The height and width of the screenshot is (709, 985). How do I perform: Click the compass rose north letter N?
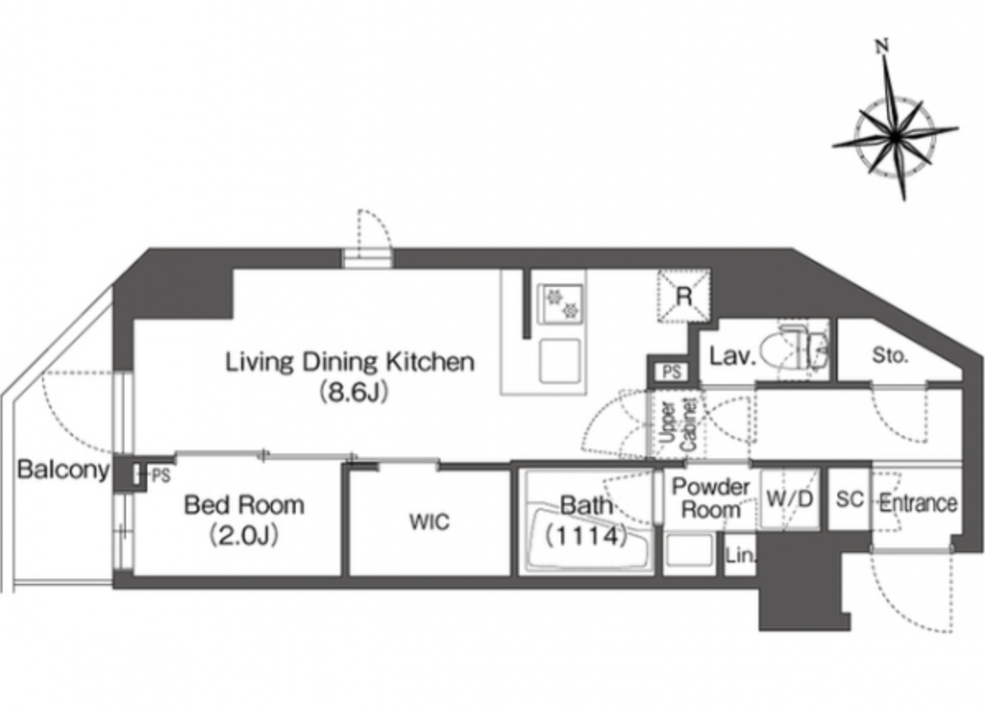883,45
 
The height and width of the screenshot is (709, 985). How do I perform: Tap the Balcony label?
63,469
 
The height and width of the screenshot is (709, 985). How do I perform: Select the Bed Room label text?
245,505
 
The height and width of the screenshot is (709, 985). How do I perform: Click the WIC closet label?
430,522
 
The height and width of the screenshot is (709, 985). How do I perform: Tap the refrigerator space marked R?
684,296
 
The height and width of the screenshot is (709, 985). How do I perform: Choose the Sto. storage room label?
890,355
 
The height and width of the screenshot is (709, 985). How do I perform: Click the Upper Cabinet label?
679,425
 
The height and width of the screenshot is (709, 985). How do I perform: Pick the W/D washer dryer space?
791,499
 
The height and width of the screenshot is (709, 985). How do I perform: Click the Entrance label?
917,503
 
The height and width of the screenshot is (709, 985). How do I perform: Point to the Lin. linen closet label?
740,556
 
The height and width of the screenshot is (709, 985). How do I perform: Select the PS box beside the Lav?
671,372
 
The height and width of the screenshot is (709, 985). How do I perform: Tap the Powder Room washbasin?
689,552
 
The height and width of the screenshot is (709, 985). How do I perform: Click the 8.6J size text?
353,392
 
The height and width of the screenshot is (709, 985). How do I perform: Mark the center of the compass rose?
894,135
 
